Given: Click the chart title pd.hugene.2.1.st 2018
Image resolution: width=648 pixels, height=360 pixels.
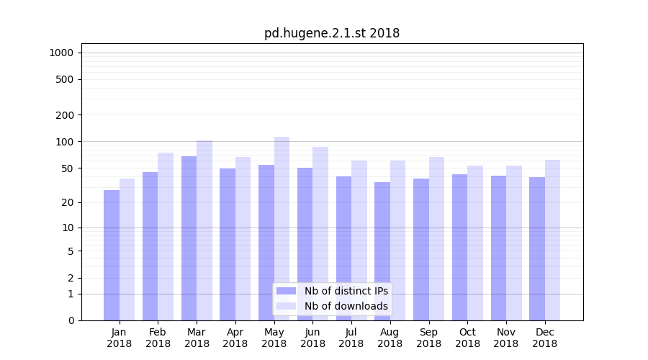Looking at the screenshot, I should click(331, 33).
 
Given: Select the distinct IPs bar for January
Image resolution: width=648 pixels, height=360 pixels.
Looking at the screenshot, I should click(112, 255).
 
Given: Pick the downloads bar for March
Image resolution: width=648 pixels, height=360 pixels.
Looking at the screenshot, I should click(204, 230).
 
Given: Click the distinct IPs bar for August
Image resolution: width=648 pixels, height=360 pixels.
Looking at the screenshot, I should click(382, 251).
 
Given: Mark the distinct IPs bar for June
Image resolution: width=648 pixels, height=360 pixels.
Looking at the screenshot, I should click(305, 244).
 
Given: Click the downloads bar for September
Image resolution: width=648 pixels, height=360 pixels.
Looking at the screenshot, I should click(436, 238).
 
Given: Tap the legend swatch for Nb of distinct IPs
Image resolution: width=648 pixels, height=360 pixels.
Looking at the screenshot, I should click(287, 291).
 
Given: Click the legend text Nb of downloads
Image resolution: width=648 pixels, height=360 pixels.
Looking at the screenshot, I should click(346, 306).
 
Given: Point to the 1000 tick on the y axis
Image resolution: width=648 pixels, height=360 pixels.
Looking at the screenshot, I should click(61, 53).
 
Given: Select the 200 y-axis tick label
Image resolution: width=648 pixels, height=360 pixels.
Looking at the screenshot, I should click(66, 115).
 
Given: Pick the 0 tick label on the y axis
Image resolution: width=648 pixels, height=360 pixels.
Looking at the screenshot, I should click(71, 320).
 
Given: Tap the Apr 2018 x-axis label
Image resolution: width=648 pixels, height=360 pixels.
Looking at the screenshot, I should click(235, 338).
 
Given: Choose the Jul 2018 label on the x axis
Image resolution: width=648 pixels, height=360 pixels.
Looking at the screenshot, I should click(351, 338).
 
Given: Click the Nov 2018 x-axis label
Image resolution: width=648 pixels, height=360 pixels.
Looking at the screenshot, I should click(506, 338).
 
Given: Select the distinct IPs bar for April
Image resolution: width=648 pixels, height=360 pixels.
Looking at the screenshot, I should click(228, 244).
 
